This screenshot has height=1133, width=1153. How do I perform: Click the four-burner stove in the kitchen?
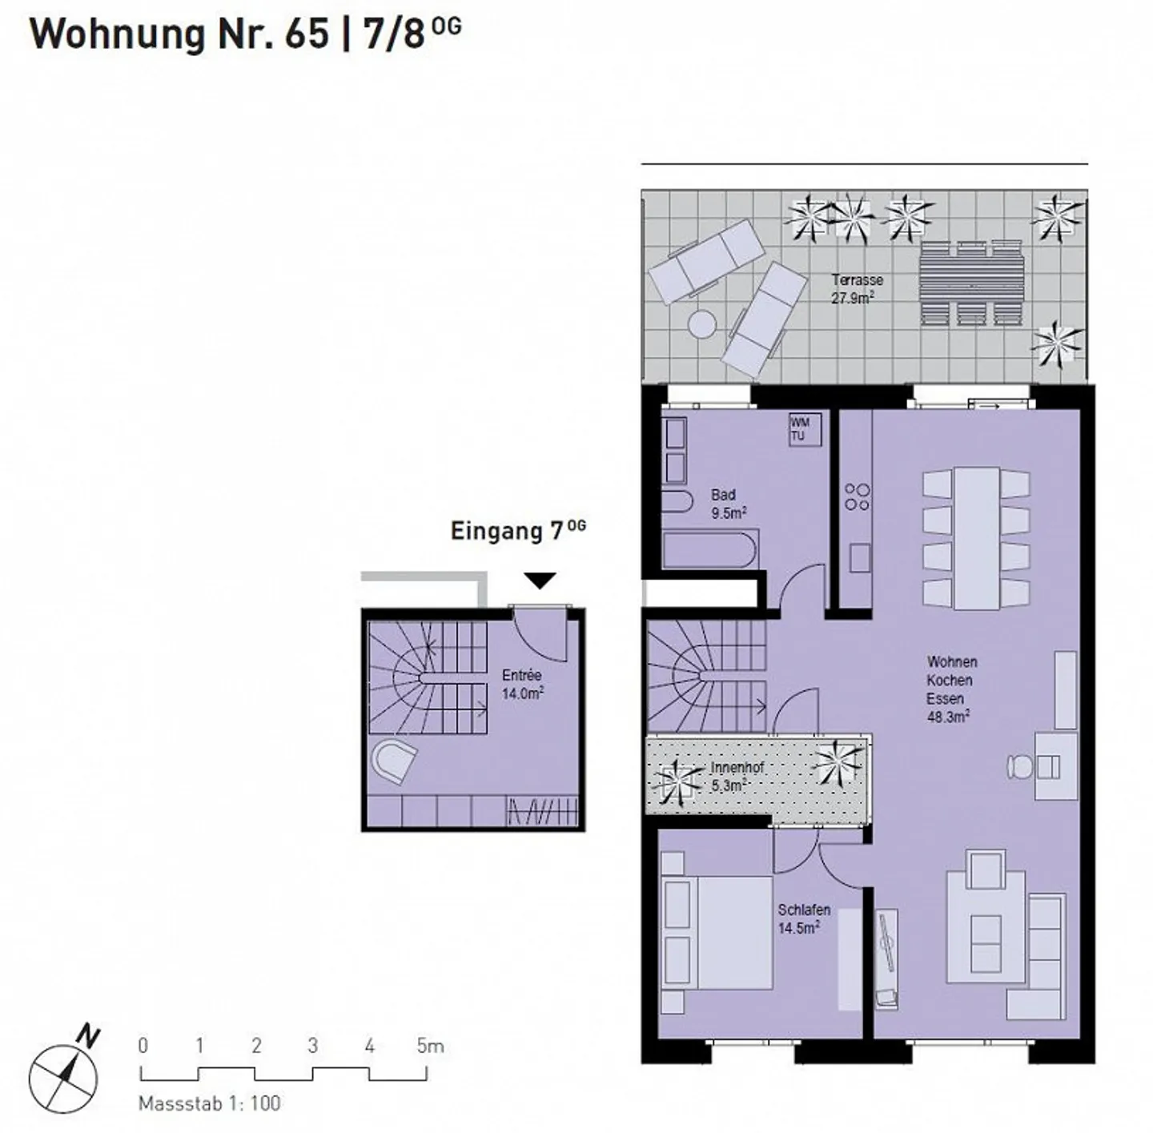tap(857, 496)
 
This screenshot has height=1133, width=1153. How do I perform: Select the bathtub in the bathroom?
tap(709, 549)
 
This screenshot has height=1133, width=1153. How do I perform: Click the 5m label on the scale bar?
tap(429, 1046)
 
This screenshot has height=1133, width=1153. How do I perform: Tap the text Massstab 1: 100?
tap(210, 1103)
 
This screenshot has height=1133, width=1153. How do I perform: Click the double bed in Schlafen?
tap(717, 934)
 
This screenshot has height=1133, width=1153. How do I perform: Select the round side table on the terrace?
tap(702, 324)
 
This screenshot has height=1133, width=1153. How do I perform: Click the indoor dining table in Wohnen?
tap(977, 537)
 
